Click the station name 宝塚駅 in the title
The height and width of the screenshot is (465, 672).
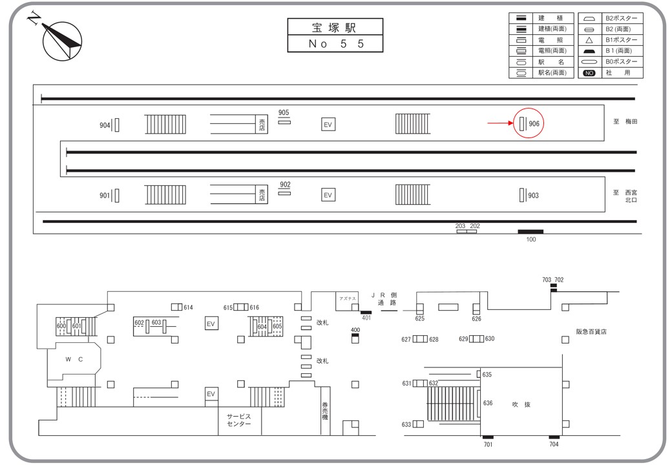click(x=335, y=27)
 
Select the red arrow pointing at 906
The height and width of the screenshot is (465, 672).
click(x=499, y=123)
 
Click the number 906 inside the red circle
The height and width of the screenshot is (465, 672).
click(x=534, y=123)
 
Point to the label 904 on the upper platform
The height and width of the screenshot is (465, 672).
click(x=105, y=125)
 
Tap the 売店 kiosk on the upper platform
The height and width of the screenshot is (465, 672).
click(x=262, y=123)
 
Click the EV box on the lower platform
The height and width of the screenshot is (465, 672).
click(x=328, y=194)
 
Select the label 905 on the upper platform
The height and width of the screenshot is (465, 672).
click(x=284, y=113)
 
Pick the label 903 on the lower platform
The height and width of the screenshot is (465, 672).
click(x=533, y=195)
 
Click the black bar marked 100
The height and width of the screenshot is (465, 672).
click(x=530, y=231)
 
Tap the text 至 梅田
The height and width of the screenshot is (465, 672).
click(x=625, y=121)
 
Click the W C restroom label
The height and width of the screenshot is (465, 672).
click(x=74, y=360)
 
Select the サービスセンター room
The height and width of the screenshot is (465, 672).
click(x=238, y=420)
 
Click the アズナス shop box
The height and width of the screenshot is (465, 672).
click(x=347, y=298)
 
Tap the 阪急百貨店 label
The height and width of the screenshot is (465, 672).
click(x=591, y=331)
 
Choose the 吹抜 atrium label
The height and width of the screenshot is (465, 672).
click(x=521, y=404)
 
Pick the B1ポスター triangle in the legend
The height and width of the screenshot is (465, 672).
click(x=589, y=40)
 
